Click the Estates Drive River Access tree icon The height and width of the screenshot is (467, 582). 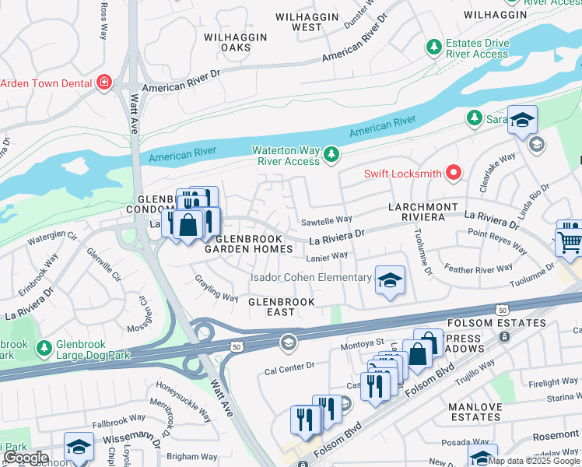click(x=433, y=48)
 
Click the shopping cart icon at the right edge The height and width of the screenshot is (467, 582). click(x=570, y=240)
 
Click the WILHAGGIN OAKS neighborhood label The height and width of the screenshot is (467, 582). click(x=235, y=42)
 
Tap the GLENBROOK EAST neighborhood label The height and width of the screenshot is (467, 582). click(x=281, y=307)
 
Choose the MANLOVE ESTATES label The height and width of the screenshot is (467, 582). click(x=475, y=412)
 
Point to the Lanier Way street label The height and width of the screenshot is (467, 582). click(x=328, y=255)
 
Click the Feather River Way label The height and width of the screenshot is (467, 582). click(x=479, y=269)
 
